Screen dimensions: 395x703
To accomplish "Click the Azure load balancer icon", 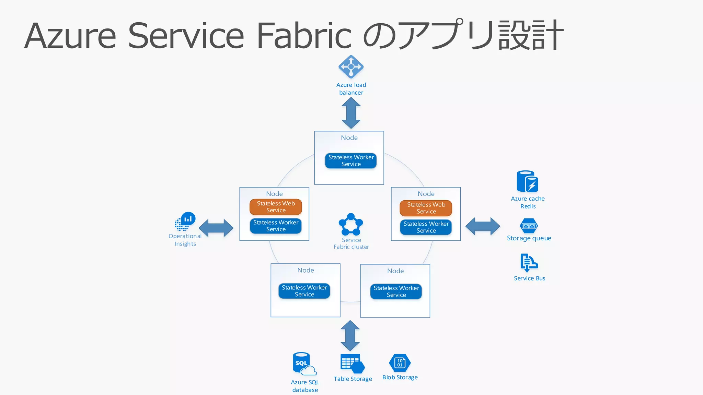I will coord(351,67).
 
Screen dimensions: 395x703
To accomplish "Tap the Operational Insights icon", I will coord(185,222).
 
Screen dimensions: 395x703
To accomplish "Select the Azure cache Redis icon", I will coord(527,181).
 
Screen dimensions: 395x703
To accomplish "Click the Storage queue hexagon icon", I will coord(529,226).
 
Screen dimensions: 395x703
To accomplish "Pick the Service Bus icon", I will coord(529,263).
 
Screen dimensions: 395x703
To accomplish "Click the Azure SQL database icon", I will coord(304,364).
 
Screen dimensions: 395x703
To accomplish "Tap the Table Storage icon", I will coord(352,363).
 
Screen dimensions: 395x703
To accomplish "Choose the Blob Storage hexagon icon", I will coord(400,363).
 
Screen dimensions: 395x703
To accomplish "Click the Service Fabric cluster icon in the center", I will coord(350,225).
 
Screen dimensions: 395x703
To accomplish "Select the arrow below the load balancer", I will coord(351,113).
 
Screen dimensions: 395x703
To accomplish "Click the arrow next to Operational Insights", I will coord(216,228).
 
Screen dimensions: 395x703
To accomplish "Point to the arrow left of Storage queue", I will coord(483,226).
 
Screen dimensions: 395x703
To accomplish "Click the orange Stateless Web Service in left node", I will coord(276,207).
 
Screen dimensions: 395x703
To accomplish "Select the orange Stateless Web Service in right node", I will coord(426,208).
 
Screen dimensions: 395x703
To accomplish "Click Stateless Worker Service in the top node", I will coord(351,161).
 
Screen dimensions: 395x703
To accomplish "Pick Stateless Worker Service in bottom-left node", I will coord(304,291).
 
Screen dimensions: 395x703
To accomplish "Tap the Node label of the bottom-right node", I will coord(395,271).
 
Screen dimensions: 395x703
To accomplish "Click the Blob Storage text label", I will coord(400,377).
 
